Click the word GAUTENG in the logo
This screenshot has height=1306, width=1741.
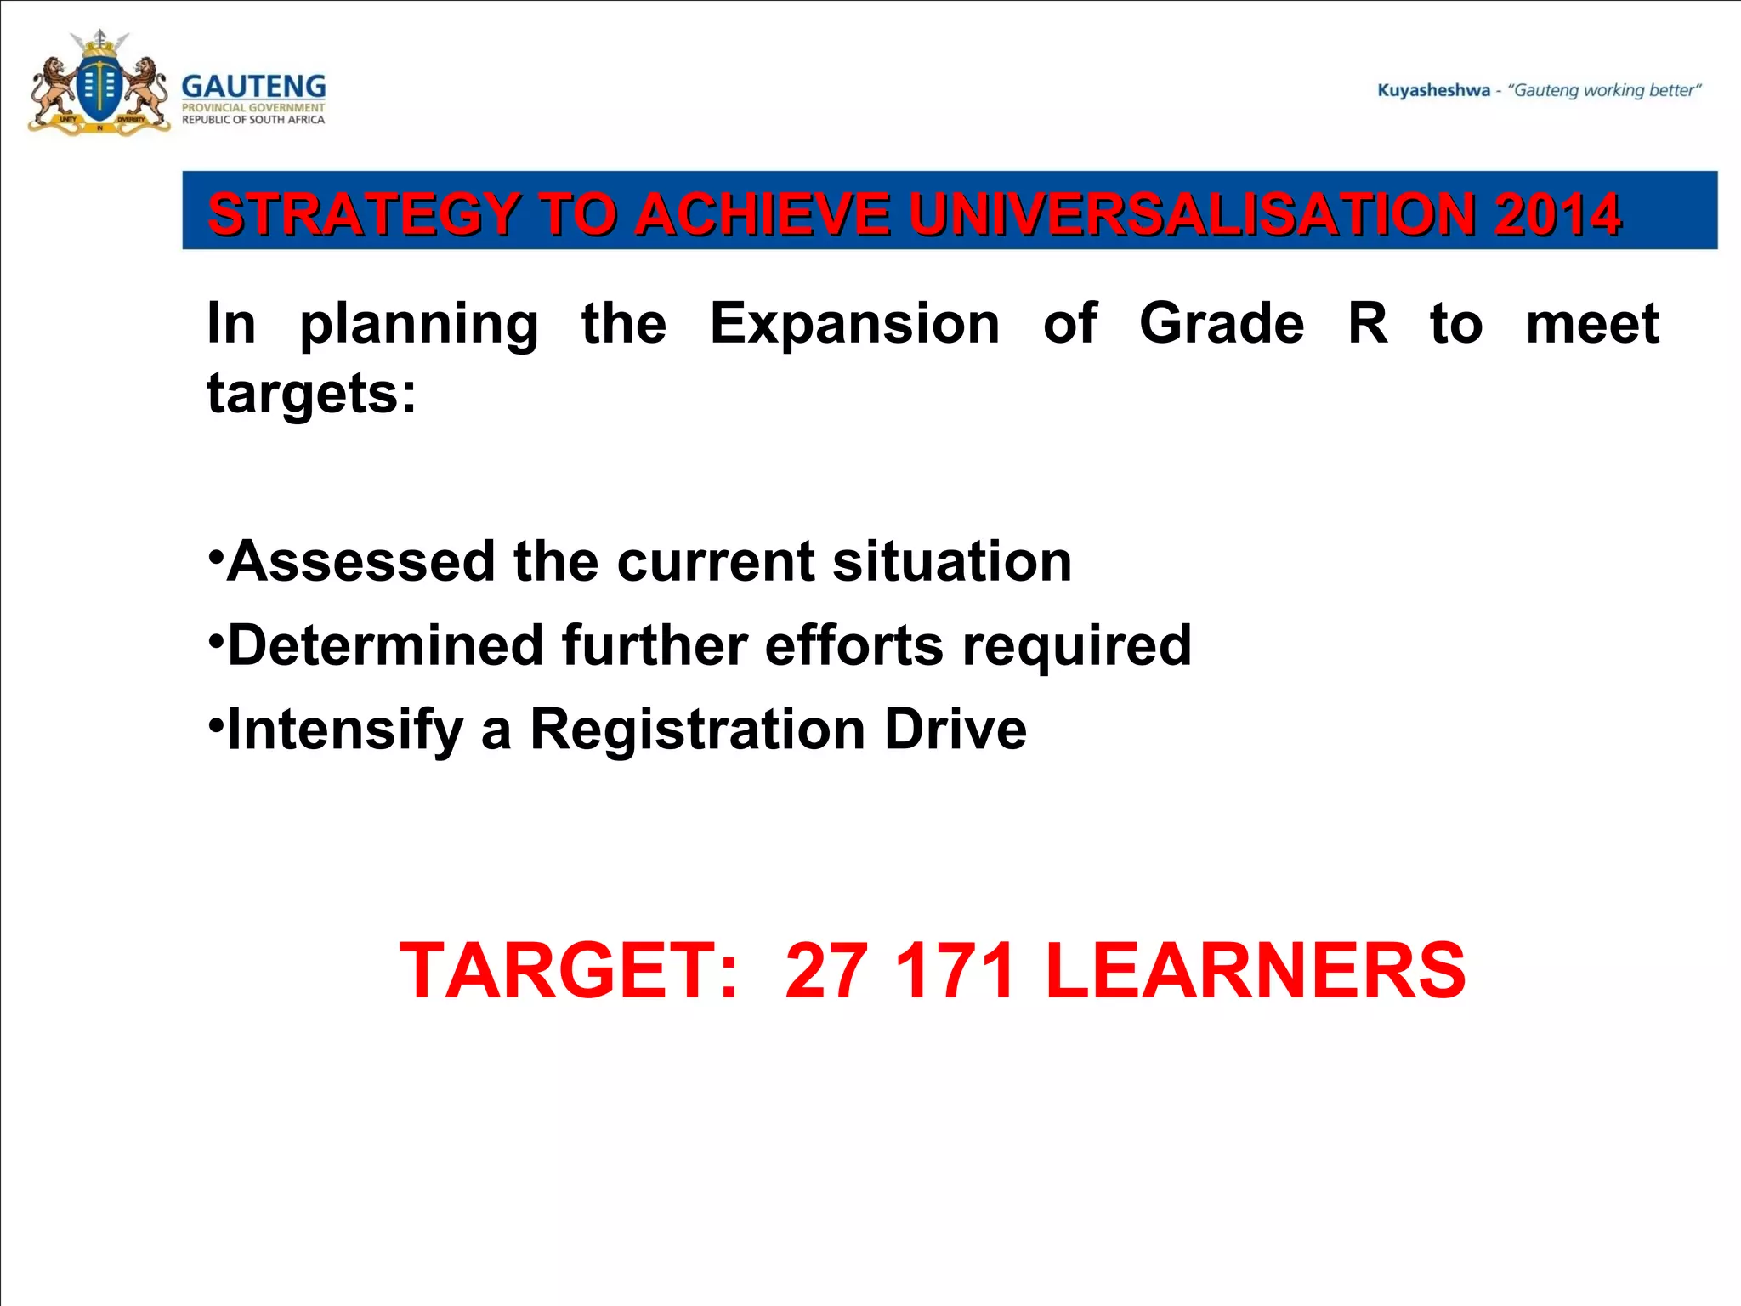click(x=253, y=87)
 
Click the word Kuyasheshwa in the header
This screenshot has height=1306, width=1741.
click(x=1433, y=90)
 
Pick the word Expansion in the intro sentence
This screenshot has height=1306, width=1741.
click(x=854, y=324)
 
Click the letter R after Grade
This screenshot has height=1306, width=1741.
click(x=1367, y=324)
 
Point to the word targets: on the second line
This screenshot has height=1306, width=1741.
click(x=312, y=394)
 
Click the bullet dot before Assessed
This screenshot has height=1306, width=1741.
click(x=216, y=554)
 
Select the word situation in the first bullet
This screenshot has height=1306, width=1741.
click(x=952, y=562)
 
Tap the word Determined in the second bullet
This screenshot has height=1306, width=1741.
click(x=385, y=645)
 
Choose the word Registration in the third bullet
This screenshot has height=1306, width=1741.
click(x=697, y=730)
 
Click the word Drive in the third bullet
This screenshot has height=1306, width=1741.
click(x=955, y=730)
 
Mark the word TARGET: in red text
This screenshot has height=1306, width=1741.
click(x=569, y=970)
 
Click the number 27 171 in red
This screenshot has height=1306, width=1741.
click(x=899, y=970)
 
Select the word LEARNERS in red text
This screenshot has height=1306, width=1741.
click(x=1255, y=970)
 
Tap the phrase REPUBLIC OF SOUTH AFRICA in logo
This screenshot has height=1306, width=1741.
click(x=253, y=120)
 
